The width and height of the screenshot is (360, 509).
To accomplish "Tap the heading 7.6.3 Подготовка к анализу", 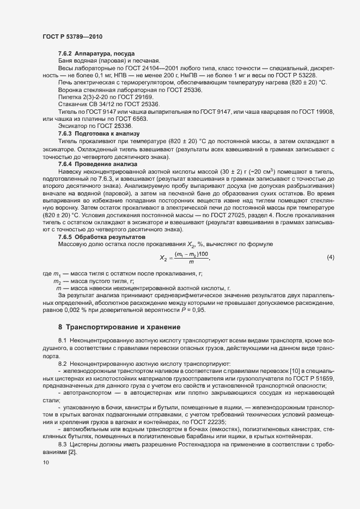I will pyautogui.click(x=99, y=133).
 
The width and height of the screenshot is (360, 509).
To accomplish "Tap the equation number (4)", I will pyautogui.click(x=330, y=256).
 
